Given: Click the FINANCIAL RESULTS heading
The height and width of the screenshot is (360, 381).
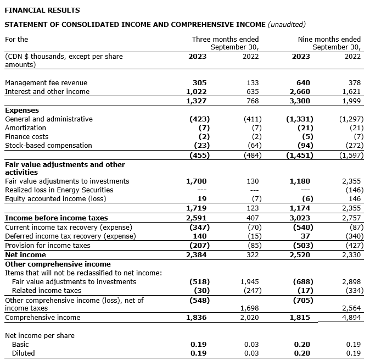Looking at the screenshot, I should pos(42,10).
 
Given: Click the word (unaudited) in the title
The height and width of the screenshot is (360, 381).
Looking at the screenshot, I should pos(286,24).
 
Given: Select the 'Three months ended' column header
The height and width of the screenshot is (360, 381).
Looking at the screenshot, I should pos(225,40).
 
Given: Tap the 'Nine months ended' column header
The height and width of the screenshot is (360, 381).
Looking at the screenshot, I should pos(329,40).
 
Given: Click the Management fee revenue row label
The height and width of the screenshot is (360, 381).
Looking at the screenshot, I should pos(46,83).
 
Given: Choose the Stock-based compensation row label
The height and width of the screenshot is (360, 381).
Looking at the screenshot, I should pos(48,145).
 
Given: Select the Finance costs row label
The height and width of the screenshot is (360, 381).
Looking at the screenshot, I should pos(26,136).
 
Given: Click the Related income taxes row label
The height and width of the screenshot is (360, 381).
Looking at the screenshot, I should pos(47,290).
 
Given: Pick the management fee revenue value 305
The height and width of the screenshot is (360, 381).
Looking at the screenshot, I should pos(201,83).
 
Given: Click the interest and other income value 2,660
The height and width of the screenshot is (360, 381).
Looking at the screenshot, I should pos(301,92).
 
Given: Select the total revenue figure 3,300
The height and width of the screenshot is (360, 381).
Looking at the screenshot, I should pos(301,101).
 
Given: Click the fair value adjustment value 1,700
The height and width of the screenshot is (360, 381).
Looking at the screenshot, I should pos(196,181).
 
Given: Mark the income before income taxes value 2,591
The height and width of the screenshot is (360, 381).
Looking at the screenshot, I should pos(196,219).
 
